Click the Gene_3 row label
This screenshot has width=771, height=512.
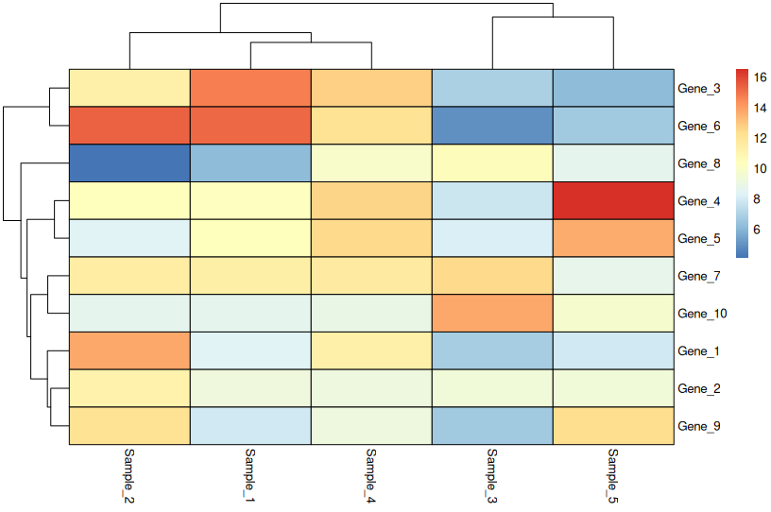699,88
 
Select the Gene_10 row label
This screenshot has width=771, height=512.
702,314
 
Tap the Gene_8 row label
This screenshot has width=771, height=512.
699,163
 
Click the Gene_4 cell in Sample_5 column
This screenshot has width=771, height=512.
613,200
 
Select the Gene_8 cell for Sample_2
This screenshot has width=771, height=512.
129,162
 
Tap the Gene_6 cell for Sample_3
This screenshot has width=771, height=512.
492,125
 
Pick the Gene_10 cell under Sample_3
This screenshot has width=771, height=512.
492,313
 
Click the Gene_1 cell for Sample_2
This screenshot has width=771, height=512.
129,350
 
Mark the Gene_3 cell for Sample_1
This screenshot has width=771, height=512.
250,88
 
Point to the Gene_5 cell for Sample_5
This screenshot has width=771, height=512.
613,238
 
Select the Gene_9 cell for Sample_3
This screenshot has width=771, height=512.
492,425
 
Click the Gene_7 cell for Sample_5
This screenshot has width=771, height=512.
613,275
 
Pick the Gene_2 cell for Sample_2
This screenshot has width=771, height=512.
129,387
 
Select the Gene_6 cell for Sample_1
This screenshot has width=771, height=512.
250,125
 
